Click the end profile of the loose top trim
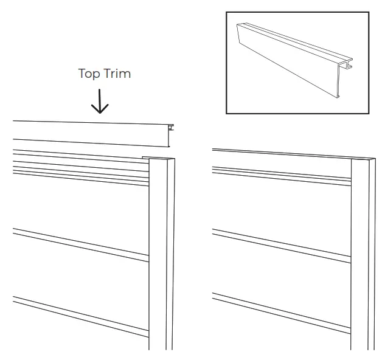tap(171, 135)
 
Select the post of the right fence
tap(362, 255)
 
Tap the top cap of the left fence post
tap(159, 159)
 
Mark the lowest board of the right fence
tap(280, 328)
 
